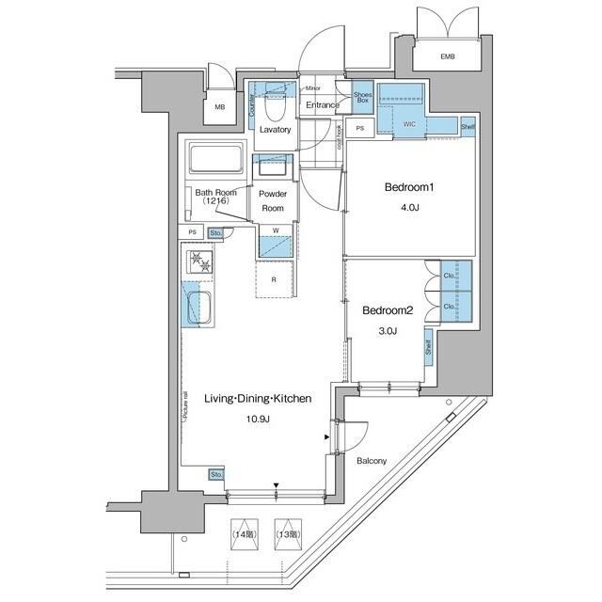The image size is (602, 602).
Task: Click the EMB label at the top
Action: click(447, 57)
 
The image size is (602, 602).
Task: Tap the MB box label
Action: click(219, 107)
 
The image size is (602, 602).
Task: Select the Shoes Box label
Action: click(363, 97)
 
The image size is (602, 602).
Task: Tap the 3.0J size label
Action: click(388, 330)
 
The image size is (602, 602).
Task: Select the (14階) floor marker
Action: click(245, 534)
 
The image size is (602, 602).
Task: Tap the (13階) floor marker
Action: click(286, 534)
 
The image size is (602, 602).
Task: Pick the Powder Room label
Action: click(273, 200)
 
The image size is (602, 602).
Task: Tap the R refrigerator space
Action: click(273, 280)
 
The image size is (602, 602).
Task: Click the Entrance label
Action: click(322, 105)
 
